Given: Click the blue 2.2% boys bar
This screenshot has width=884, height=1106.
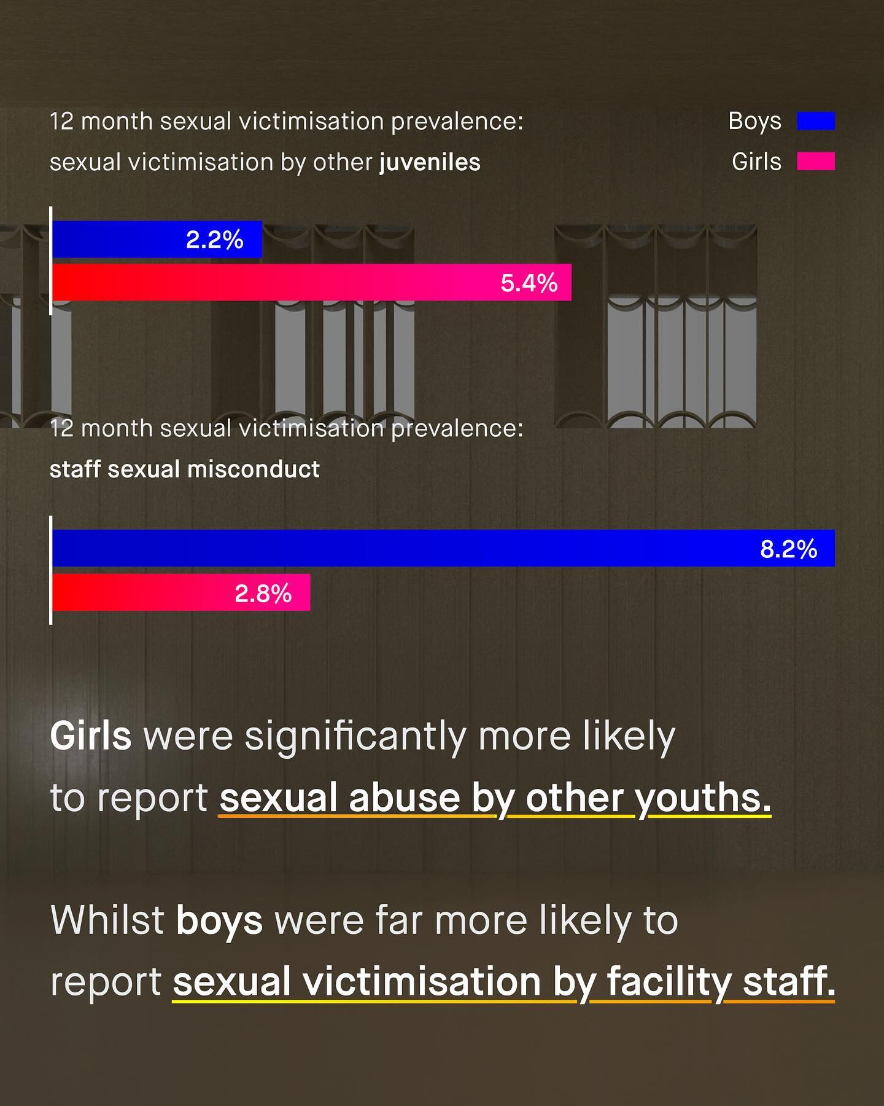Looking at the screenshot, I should (123, 240).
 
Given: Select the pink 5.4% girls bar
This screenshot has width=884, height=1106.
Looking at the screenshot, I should (276, 283).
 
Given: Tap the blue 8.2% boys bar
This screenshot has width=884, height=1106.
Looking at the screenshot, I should (399, 548).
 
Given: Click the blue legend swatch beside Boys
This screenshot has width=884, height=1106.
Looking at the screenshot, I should (815, 121).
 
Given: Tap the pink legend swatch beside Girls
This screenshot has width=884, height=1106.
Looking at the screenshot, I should (815, 162).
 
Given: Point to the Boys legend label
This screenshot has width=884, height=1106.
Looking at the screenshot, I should (754, 121).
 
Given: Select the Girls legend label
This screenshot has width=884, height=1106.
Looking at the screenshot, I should (756, 162).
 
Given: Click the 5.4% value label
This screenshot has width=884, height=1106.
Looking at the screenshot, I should (529, 283).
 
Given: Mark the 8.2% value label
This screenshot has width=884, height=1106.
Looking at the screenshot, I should (788, 549).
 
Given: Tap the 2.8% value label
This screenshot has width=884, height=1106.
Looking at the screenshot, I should (263, 594).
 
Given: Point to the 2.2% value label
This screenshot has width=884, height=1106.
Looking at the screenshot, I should (214, 240).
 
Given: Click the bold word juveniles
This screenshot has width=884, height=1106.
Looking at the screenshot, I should (430, 163).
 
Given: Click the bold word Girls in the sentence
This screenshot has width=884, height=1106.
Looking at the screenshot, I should (90, 735).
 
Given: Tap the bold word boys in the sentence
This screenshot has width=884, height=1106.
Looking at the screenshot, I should (219, 920).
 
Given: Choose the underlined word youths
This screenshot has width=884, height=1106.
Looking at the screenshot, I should (703, 798).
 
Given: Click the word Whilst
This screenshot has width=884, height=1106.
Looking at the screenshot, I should (107, 920).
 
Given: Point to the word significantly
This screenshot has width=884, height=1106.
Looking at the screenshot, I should (355, 737).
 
